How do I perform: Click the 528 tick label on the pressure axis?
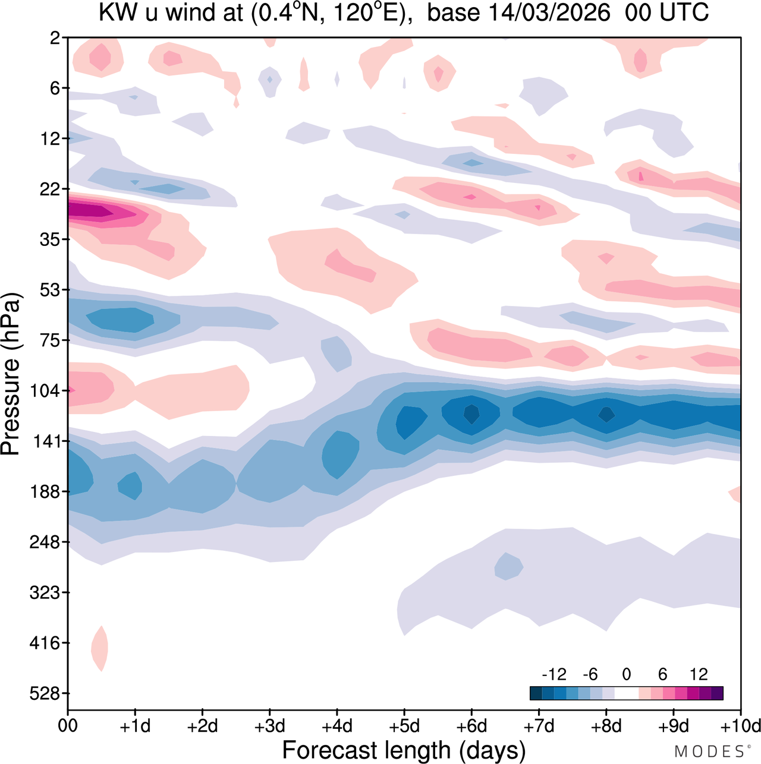[x=45, y=694]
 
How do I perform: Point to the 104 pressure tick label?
[x=45, y=392]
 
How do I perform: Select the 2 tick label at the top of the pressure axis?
[x=55, y=39]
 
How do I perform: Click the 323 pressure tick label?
[x=45, y=593]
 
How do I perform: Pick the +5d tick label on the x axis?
[x=404, y=726]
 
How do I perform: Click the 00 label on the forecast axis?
[x=68, y=726]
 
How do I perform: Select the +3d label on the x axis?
[x=270, y=726]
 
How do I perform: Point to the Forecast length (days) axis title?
[x=404, y=750]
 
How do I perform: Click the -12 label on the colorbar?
[x=554, y=674]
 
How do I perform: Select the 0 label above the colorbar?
[x=627, y=674]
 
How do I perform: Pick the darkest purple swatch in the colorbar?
[x=717, y=693]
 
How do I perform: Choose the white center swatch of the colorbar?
[x=627, y=693]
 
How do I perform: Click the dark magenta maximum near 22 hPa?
[x=89, y=210]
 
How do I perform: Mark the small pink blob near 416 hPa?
[x=100, y=649]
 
